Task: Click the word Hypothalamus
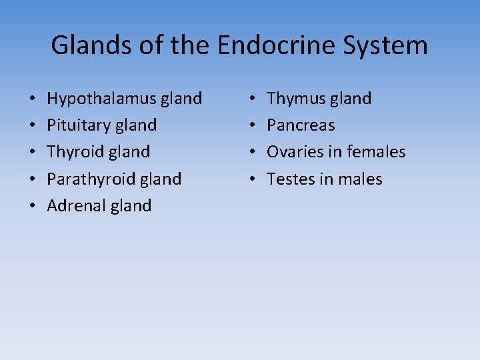click(101, 99)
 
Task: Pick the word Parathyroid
click(91, 179)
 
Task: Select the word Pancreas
click(301, 125)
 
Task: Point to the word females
click(375, 152)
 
